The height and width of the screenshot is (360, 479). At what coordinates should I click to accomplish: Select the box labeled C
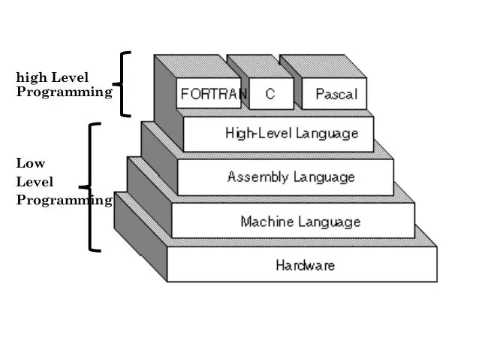(x=269, y=95)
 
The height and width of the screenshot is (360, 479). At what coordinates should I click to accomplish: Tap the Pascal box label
(x=336, y=95)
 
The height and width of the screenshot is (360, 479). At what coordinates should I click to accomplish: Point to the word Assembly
(x=257, y=177)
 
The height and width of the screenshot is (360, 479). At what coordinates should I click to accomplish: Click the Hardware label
(x=305, y=265)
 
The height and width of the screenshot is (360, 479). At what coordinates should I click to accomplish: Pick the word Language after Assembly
(x=323, y=177)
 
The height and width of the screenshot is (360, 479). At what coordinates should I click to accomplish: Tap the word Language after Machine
(x=330, y=222)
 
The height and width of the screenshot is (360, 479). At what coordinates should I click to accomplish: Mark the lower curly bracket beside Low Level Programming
(x=92, y=187)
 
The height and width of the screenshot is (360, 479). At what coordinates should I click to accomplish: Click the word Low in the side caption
(x=31, y=163)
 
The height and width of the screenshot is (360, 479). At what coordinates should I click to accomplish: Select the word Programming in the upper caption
(x=64, y=92)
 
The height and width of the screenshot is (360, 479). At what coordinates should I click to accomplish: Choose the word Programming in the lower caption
(x=64, y=200)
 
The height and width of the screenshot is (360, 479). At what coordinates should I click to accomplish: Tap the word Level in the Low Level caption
(x=35, y=182)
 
